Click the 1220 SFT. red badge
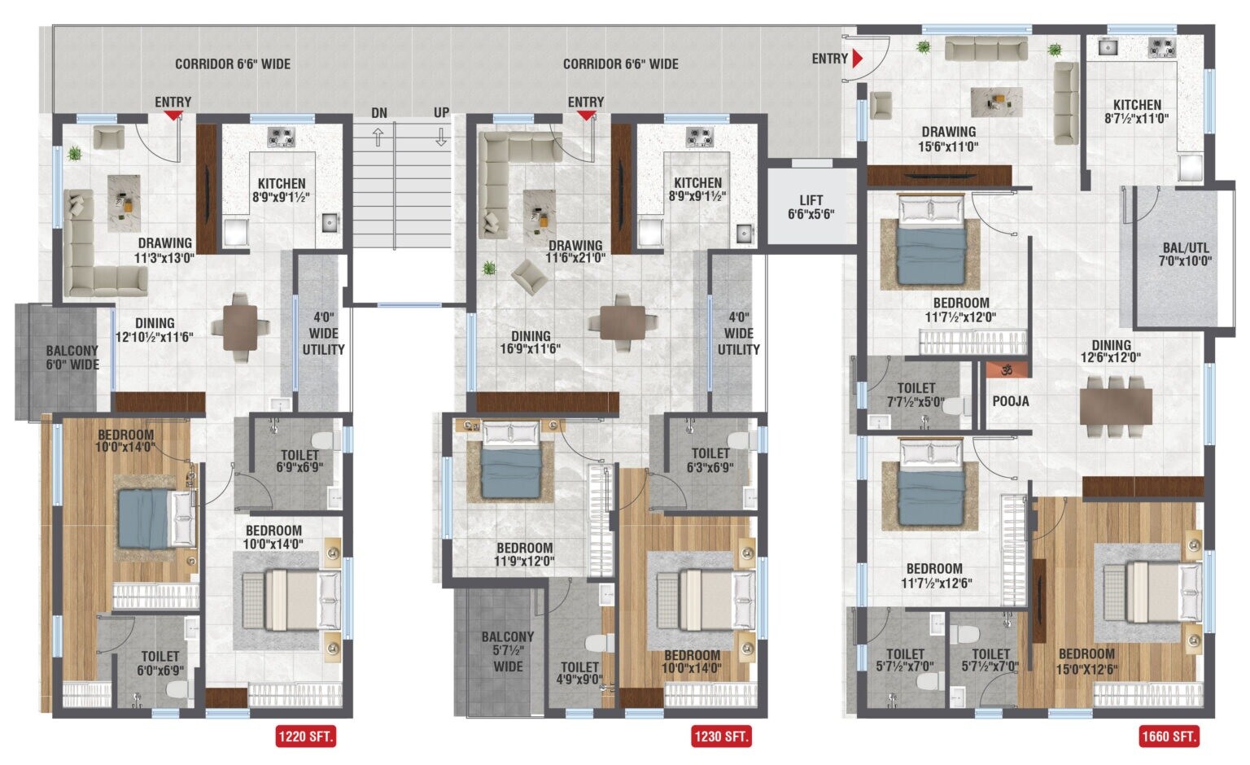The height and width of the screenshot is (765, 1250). pyautogui.click(x=306, y=737)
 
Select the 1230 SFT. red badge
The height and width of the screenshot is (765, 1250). pyautogui.click(x=721, y=737)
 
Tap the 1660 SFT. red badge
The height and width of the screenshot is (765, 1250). pyautogui.click(x=1169, y=737)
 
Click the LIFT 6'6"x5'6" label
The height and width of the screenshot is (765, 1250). pyautogui.click(x=811, y=208)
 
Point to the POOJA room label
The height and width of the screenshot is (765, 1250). pyautogui.click(x=1011, y=401)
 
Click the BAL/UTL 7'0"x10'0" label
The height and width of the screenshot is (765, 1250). pyautogui.click(x=1185, y=255)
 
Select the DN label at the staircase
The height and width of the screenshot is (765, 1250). pyautogui.click(x=379, y=113)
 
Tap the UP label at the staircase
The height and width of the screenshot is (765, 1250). pyautogui.click(x=441, y=113)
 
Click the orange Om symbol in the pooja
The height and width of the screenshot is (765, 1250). pyautogui.click(x=1007, y=369)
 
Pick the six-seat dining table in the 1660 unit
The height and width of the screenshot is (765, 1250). pyautogui.click(x=1116, y=405)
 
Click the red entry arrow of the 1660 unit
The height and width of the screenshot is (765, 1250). pyautogui.click(x=857, y=59)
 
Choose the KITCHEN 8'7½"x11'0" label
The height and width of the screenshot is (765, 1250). pyautogui.click(x=1137, y=111)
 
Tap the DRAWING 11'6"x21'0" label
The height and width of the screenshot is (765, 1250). pyautogui.click(x=575, y=251)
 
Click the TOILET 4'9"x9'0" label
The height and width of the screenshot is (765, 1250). pyautogui.click(x=579, y=673)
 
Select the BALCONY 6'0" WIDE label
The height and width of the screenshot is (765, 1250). pyautogui.click(x=72, y=357)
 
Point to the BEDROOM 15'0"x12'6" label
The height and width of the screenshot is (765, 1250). pyautogui.click(x=1087, y=662)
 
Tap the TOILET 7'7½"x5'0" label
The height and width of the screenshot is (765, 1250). pyautogui.click(x=916, y=395)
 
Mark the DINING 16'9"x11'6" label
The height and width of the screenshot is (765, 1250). pyautogui.click(x=531, y=343)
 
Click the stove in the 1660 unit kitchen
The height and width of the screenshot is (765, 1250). pyautogui.click(x=1162, y=48)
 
